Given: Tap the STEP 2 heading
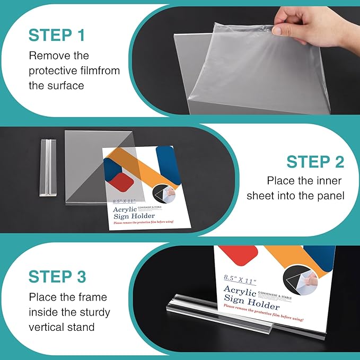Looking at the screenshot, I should [x=315, y=161].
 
